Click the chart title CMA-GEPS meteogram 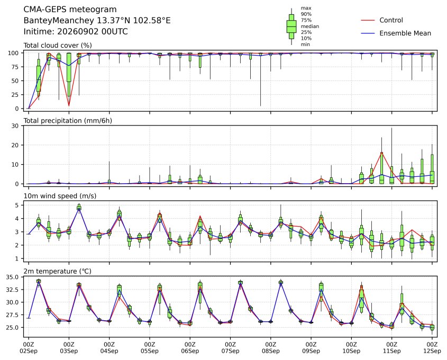pyautogui.click(x=70, y=10)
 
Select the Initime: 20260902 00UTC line pyautogui.click(x=76, y=31)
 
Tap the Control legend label pyautogui.click(x=391, y=20)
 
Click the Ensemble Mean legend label pyautogui.click(x=405, y=33)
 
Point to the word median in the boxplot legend pyautogui.click(x=310, y=26)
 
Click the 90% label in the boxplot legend pyautogui.click(x=306, y=14)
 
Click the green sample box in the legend pyautogui.click(x=291, y=26)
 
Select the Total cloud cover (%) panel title pyautogui.click(x=58, y=46)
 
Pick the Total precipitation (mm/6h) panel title pyautogui.click(x=68, y=121)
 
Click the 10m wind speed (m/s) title pyautogui.click(x=60, y=196)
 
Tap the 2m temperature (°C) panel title pyautogui.click(x=57, y=271)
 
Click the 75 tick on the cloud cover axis pyautogui.click(x=15, y=67)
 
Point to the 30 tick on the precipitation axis pyautogui.click(x=15, y=126)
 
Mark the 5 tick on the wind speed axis pyautogui.click(x=17, y=205)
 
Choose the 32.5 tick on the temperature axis pyautogui.click(x=13, y=290)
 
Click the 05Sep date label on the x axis pyautogui.click(x=149, y=351)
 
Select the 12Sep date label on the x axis pyautogui.click(x=432, y=351)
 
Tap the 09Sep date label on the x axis pyautogui.click(x=311, y=351)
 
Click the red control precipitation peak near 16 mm pyautogui.click(x=382, y=153)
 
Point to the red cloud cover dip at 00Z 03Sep pyautogui.click(x=69, y=106)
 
